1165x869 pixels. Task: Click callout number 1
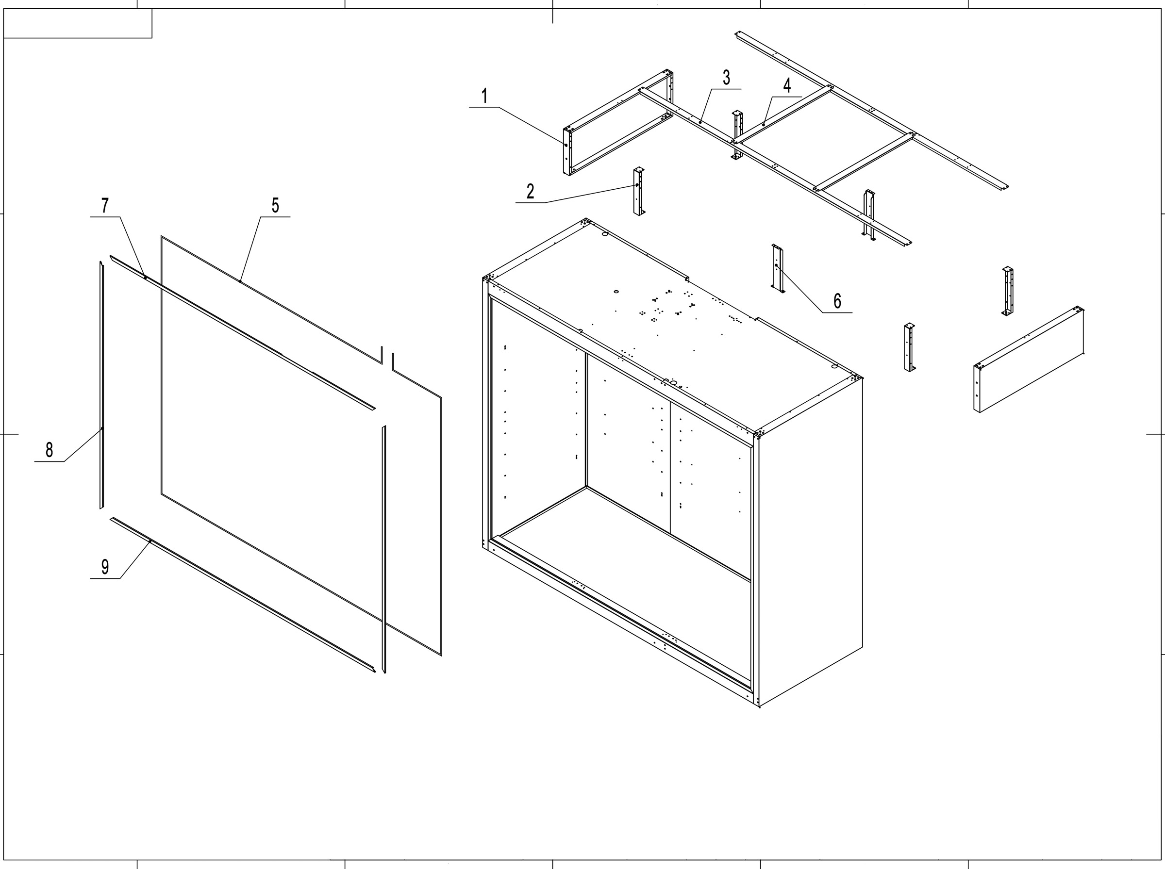pos(484,96)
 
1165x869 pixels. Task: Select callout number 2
pos(530,192)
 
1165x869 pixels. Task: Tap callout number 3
pos(726,78)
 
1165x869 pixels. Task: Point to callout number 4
pos(787,86)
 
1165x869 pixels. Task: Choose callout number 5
pos(275,206)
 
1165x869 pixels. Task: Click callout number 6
pos(837,301)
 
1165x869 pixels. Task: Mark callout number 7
pos(105,206)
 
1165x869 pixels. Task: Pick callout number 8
pos(49,450)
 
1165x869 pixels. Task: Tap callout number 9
pos(105,567)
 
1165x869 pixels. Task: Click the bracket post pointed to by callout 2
pos(639,192)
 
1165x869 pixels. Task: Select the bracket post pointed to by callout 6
pos(777,269)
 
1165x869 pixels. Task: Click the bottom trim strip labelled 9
pos(242,594)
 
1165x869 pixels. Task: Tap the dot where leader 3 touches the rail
pos(700,122)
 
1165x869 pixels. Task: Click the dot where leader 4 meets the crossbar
pos(764,125)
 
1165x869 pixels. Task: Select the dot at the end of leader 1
pos(566,145)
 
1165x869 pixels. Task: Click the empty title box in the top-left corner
pos(77,23)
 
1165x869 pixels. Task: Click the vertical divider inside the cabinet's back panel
pos(670,468)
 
